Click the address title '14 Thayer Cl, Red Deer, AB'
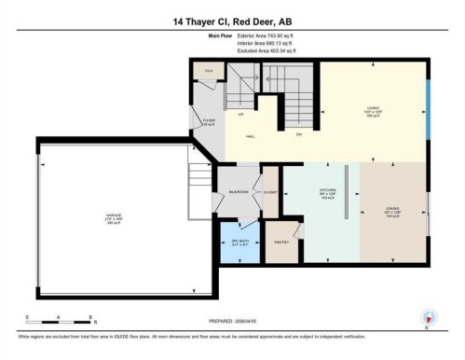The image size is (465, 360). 232,21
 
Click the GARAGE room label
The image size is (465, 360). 114,217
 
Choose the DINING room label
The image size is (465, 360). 393,210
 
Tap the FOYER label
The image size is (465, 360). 208,120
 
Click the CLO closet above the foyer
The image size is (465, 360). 209,71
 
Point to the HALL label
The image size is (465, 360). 251,137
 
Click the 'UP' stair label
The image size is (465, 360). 240,114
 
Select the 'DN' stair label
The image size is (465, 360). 299,133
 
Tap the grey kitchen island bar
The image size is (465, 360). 347,194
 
